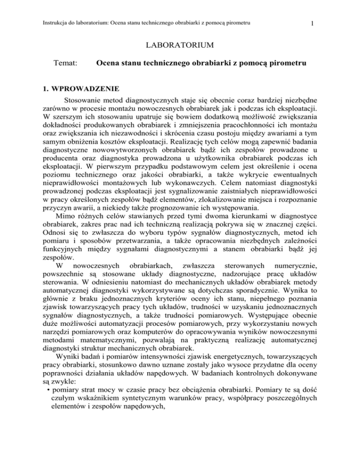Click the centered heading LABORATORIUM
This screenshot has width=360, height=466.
tap(180, 45)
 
